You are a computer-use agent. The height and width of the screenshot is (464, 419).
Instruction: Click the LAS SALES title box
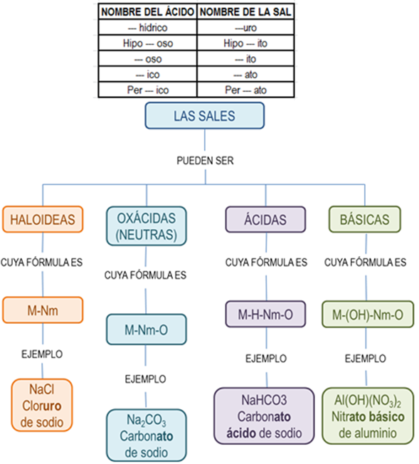pos(204,116)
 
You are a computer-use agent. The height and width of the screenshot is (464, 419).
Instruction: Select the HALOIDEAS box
pos(43,219)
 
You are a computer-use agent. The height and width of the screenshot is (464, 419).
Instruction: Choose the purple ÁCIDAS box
pos(265,220)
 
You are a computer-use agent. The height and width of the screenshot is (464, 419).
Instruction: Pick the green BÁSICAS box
pos(364,220)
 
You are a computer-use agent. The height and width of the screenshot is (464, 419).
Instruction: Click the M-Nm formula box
pos(43,310)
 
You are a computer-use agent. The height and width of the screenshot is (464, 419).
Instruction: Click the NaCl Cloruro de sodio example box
pos(42,405)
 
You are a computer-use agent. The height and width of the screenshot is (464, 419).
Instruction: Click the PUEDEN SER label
pos(205,160)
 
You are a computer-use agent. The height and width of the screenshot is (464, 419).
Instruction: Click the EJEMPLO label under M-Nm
pos(42,353)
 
